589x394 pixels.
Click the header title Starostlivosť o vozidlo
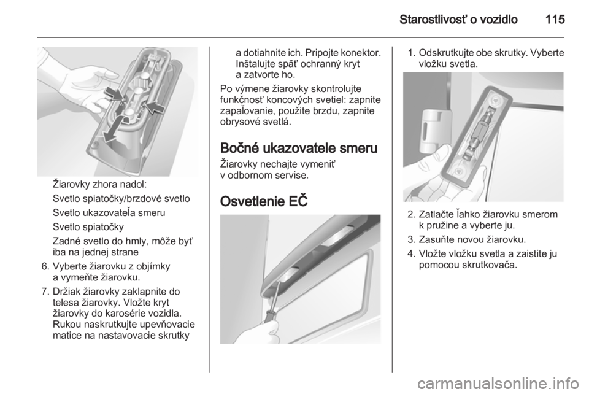(x=459, y=19)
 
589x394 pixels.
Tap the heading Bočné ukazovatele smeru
(x=299, y=148)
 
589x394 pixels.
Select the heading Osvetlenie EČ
(x=264, y=201)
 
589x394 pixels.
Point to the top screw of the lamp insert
(x=495, y=100)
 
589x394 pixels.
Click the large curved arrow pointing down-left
(x=114, y=129)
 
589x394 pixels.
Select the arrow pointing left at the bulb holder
(x=155, y=106)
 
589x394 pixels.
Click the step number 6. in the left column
(x=45, y=266)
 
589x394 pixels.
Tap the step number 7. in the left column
(x=45, y=292)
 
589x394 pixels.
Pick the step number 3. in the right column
(x=411, y=239)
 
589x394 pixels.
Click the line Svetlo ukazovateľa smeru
(x=109, y=212)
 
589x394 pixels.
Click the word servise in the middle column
(x=293, y=176)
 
